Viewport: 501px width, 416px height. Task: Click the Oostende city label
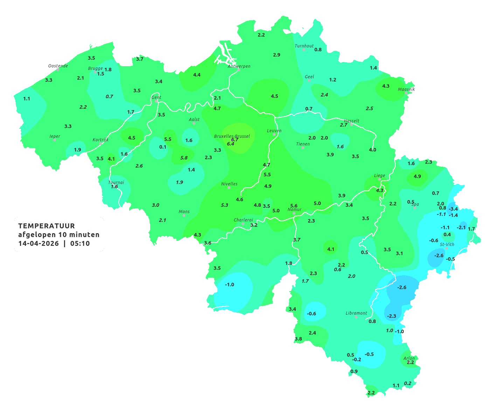click(58, 66)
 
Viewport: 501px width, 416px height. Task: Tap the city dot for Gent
click(156, 101)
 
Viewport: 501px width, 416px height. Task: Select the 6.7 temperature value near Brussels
click(235, 139)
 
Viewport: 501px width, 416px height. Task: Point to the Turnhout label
click(304, 46)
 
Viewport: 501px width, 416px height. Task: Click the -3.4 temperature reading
click(453, 209)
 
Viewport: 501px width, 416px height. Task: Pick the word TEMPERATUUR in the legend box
click(47, 226)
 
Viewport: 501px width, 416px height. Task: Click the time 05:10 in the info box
click(80, 244)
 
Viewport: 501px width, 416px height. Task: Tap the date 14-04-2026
click(39, 244)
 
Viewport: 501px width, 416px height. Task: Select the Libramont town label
click(356, 313)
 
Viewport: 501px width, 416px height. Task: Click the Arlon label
click(409, 358)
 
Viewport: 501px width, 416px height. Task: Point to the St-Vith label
click(447, 244)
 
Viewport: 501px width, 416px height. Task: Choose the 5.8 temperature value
click(184, 158)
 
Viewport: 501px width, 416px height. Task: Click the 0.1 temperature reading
click(163, 147)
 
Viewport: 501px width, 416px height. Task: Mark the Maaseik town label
click(406, 89)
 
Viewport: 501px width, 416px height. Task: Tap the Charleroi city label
click(243, 220)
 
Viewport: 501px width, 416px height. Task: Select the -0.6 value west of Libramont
click(311, 313)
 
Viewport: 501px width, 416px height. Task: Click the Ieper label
click(55, 136)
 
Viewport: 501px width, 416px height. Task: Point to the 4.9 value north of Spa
click(417, 176)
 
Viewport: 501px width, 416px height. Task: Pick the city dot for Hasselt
click(352, 124)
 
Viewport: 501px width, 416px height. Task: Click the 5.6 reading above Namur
click(294, 206)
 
